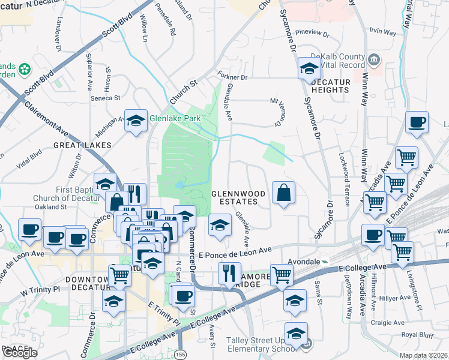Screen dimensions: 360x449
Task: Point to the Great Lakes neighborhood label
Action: click(82, 145)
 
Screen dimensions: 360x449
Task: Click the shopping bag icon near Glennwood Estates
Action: click(284, 193)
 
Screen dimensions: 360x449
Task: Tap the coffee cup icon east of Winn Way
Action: click(416, 123)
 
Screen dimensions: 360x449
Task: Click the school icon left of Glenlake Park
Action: click(136, 121)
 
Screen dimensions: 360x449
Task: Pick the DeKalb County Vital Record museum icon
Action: click(375, 59)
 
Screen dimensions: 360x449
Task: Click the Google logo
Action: click(20, 353)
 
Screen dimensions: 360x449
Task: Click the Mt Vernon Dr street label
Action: click(277, 112)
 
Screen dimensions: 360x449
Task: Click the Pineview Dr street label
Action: click(313, 32)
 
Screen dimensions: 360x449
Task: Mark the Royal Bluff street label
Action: click(417, 334)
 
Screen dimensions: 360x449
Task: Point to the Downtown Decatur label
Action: click(71, 281)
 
